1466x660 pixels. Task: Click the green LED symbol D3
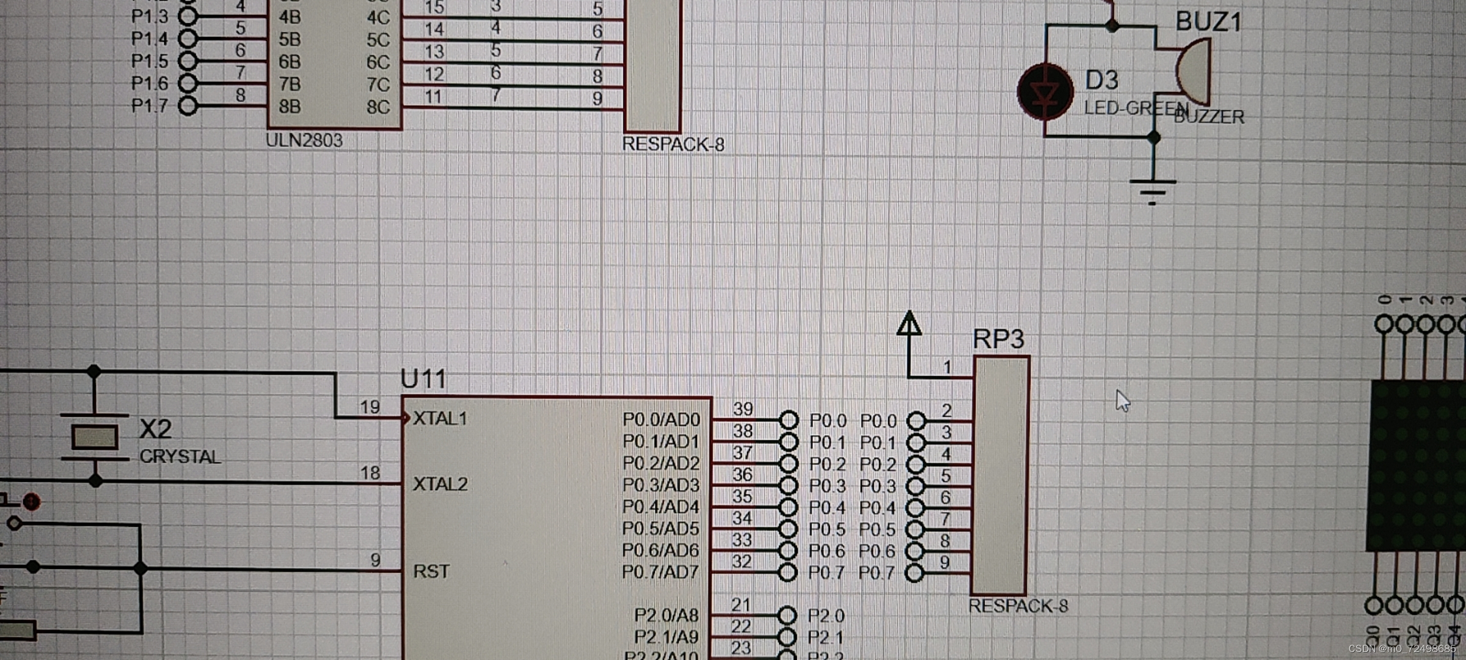(1045, 92)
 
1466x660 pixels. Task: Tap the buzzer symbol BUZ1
(1193, 71)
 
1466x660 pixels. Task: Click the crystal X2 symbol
(94, 437)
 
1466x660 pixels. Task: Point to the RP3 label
(998, 339)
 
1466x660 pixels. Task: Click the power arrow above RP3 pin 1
(909, 324)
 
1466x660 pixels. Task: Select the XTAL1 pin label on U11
(440, 419)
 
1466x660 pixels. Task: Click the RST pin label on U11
(431, 571)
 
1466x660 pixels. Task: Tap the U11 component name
(423, 379)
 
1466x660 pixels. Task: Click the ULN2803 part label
(304, 141)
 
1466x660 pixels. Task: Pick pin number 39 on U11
(743, 408)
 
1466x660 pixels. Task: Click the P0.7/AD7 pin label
(660, 572)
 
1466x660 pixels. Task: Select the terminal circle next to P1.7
(188, 106)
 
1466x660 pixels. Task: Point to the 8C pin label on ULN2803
(377, 107)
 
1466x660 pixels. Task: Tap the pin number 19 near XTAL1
(370, 407)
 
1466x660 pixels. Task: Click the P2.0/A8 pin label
(666, 615)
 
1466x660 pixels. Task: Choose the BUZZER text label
(1209, 117)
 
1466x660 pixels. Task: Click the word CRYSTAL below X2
(180, 457)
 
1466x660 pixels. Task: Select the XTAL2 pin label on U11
(440, 484)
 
